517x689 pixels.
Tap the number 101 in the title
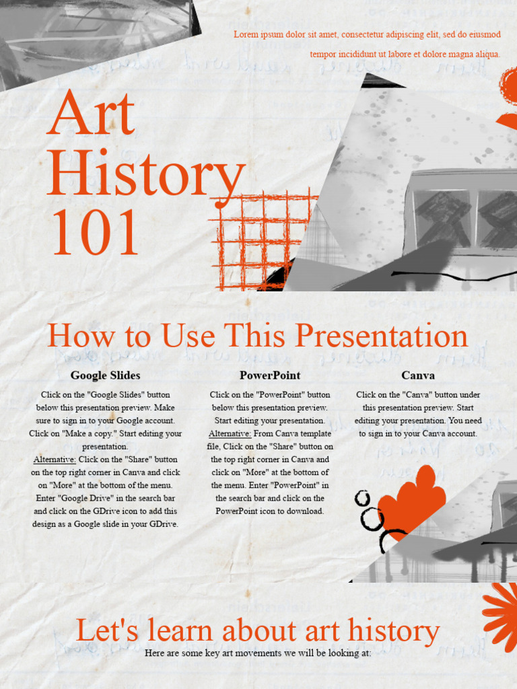point(95,232)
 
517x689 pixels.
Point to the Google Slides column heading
point(105,375)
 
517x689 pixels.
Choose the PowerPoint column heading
point(270,375)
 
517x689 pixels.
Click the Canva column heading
point(418,375)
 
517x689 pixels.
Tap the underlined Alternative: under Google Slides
point(55,460)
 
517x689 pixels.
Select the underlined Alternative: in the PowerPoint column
point(230,434)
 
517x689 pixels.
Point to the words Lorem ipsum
point(258,34)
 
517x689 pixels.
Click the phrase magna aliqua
point(474,55)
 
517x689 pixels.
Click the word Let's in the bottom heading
point(101,631)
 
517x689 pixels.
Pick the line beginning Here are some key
point(258,653)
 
